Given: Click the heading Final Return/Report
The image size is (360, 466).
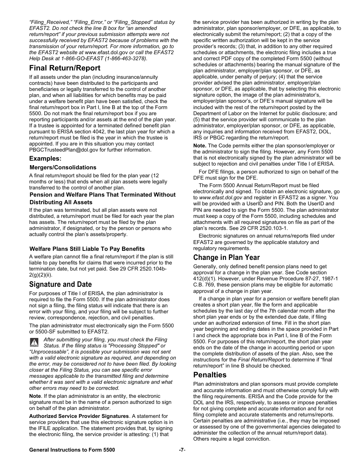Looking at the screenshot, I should pos(65,68).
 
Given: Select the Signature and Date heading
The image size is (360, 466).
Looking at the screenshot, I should pos(61,285).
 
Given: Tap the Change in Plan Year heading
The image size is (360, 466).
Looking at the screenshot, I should pos(227,258).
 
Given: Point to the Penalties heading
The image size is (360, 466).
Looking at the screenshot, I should pos(210,375).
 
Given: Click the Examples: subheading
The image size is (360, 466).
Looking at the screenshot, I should pos(45,158).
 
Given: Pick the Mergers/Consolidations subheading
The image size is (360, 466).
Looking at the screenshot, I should pos(63,167).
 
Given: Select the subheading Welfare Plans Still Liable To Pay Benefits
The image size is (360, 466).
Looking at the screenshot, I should pos(87,249).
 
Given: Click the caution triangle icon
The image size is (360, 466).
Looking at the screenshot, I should pos(34,342).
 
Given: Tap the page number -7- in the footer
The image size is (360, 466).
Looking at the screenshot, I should pos(182,450).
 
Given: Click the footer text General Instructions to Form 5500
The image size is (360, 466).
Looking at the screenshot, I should pos(72,450).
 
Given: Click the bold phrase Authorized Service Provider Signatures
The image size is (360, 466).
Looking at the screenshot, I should pos(79,416).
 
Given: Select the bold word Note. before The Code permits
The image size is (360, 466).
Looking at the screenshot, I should pos(200,146).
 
